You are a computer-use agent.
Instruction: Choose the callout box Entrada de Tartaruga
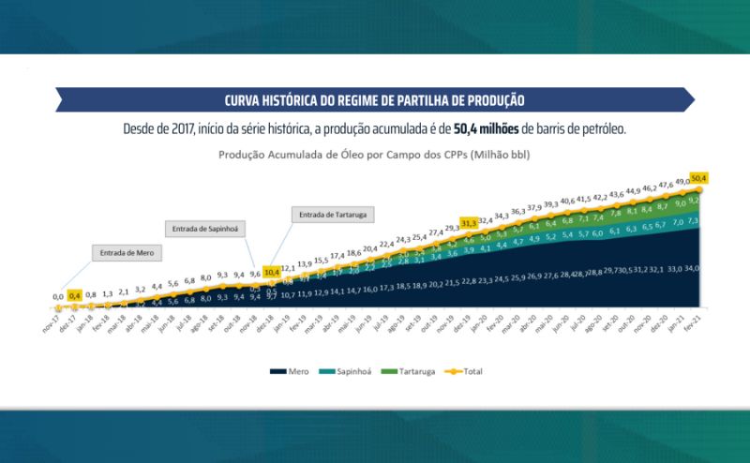(332, 215)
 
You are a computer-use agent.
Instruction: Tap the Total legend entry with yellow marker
(468, 371)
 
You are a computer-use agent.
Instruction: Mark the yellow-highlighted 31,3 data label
(468, 223)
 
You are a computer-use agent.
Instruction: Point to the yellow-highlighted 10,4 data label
(271, 272)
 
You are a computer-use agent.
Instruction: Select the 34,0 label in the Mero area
(691, 268)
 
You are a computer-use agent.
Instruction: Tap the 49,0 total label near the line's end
(682, 182)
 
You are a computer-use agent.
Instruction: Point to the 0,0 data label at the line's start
(58, 296)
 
